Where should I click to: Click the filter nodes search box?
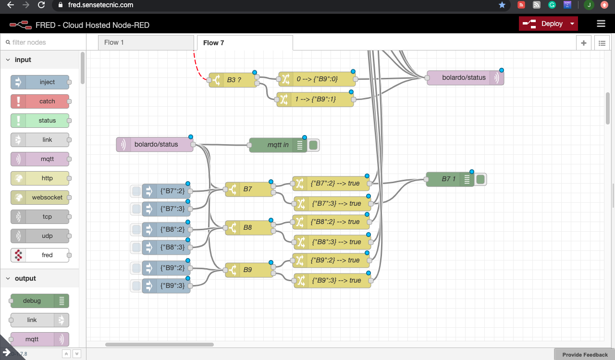coord(43,42)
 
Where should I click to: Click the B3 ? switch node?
coord(234,80)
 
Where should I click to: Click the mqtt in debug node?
coord(278,145)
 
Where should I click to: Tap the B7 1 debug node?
coord(449,179)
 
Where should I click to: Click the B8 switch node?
coord(249,227)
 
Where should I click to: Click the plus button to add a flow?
coord(584,43)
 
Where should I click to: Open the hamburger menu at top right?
coord(601,24)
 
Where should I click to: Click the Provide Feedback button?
coord(585,355)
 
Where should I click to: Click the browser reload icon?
coord(42,5)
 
